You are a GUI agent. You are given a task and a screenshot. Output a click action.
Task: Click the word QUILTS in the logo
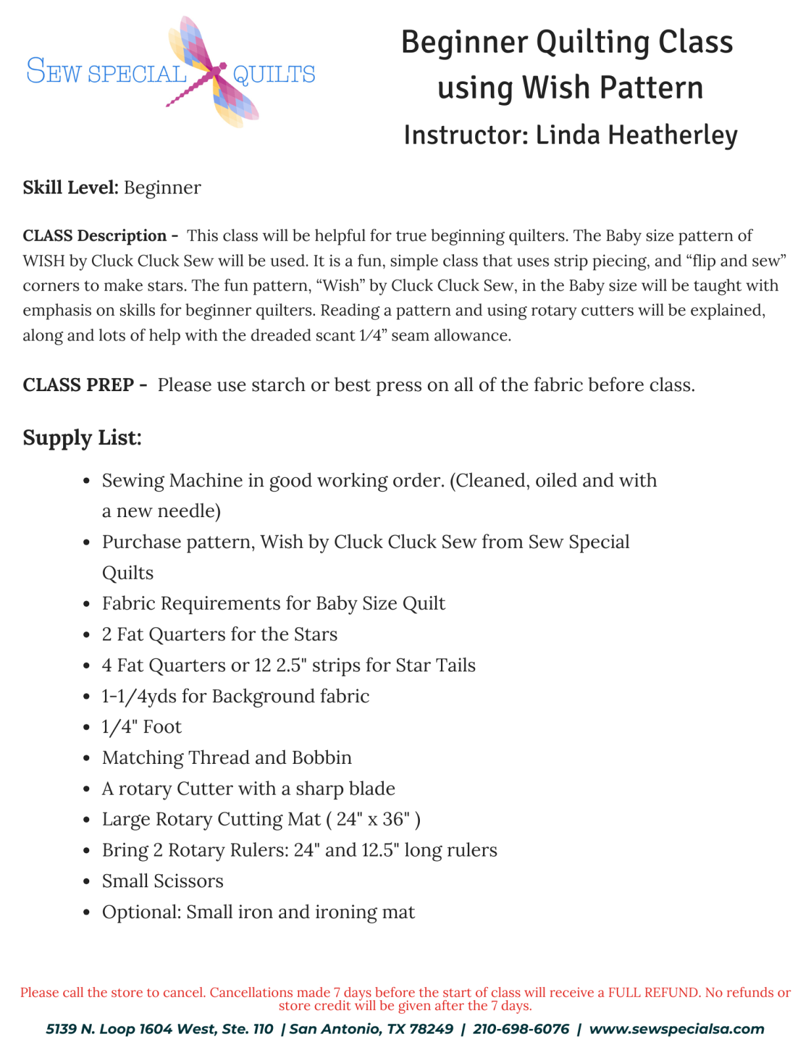click(274, 74)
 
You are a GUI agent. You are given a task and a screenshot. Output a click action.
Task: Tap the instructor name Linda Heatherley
click(636, 135)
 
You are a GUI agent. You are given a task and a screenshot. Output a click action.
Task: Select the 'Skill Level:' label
click(70, 188)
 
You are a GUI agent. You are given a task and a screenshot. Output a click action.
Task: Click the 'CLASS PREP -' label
click(85, 385)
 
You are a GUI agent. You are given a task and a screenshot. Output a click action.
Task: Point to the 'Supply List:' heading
click(82, 437)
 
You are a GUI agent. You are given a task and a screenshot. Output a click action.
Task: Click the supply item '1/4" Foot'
click(142, 726)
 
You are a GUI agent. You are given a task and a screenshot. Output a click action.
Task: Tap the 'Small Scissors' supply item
click(163, 881)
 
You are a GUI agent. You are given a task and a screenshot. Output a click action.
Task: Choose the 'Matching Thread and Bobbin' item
click(226, 757)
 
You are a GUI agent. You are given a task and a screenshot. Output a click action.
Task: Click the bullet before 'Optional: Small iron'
click(87, 913)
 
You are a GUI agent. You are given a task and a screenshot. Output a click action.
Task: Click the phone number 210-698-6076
click(520, 1029)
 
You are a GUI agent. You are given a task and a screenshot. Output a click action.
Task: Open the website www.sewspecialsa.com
click(676, 1029)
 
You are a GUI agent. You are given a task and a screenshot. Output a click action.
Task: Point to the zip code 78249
click(431, 1029)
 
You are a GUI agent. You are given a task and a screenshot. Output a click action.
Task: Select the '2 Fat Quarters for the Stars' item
click(219, 634)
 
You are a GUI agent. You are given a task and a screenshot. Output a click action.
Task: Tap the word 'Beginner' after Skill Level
click(162, 188)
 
